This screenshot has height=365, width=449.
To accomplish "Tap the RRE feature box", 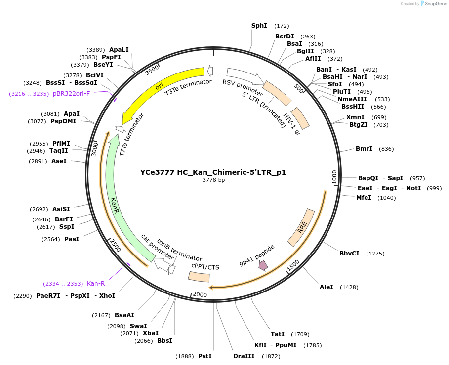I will pyautogui.click(x=302, y=227).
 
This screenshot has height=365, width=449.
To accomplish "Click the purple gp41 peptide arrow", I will pyautogui.click(x=263, y=265).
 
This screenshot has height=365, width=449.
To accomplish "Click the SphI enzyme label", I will pyautogui.click(x=259, y=26).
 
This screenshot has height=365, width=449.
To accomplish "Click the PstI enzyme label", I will pyautogui.click(x=204, y=356).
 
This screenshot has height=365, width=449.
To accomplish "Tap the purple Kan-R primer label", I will pyautogui.click(x=96, y=284).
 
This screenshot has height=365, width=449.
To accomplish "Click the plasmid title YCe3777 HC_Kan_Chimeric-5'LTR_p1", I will pyautogui.click(x=213, y=172).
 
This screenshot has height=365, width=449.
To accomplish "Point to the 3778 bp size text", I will pyautogui.click(x=213, y=180).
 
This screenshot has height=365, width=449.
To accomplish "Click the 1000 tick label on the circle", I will pyautogui.click(x=334, y=176).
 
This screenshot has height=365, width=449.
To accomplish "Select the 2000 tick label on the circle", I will pyautogui.click(x=200, y=294).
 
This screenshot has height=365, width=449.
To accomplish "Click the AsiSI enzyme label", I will pyautogui.click(x=61, y=209).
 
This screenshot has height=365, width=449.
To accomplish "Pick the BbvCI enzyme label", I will pyautogui.click(x=349, y=254).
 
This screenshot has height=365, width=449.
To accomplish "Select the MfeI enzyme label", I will pyautogui.click(x=364, y=198).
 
